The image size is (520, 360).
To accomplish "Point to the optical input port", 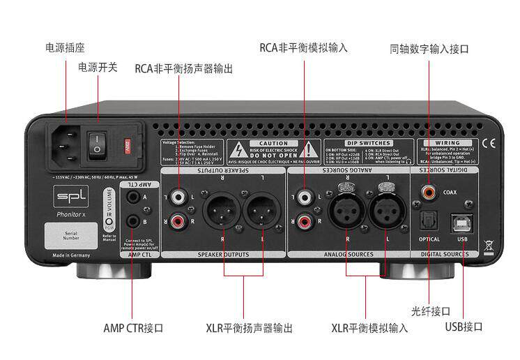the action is tap(428, 220).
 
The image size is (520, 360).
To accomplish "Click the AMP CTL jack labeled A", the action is tap(133, 198).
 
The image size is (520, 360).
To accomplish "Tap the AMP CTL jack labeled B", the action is tap(133, 221).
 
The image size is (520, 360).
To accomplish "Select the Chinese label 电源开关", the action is tap(98, 68).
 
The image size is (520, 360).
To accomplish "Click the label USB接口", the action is tap(464, 327).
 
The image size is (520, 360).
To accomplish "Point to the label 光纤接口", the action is tap(432, 310).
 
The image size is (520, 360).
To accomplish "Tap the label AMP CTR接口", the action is tap(133, 327).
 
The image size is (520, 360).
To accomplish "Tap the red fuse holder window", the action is tap(127, 147).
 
